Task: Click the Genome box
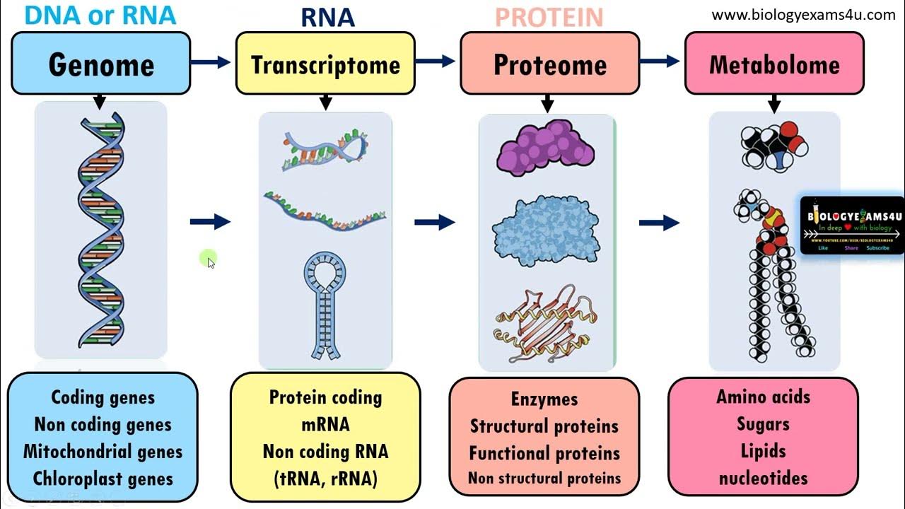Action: [101, 64]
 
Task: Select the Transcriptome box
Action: [325, 64]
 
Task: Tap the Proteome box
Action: [549, 64]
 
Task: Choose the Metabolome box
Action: [774, 64]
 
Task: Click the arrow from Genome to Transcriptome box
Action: [211, 62]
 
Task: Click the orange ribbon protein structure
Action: [545, 322]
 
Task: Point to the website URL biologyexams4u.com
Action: [803, 15]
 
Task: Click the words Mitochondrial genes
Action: [103, 452]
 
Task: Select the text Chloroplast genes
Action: [103, 479]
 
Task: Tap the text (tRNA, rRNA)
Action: [325, 479]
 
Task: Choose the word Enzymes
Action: [544, 399]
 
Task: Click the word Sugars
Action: [763, 424]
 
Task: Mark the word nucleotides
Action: [763, 479]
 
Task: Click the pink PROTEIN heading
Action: [549, 17]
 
